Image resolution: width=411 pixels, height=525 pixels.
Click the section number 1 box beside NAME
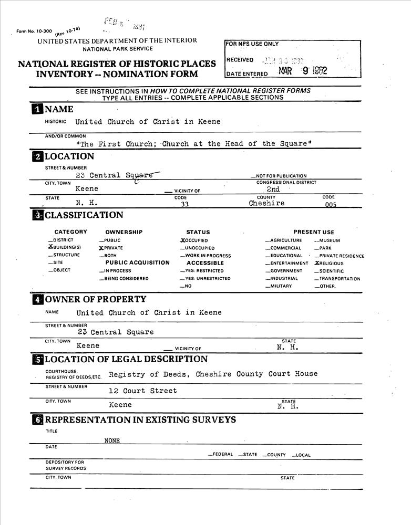[37, 109]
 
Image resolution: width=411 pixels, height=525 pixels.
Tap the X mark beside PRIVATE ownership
[101, 248]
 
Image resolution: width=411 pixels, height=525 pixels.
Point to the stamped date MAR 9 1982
[303, 71]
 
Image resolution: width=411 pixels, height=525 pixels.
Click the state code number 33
[184, 205]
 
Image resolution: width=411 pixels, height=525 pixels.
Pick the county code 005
[331, 205]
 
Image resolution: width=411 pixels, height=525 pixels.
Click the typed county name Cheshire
[266, 203]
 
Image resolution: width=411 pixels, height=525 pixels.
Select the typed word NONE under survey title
[112, 441]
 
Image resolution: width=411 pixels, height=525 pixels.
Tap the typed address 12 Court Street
[143, 391]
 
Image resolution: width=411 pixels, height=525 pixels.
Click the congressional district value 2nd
[273, 189]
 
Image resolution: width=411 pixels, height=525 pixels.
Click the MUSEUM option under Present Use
[330, 240]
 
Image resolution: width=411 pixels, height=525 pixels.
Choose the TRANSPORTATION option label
[340, 279]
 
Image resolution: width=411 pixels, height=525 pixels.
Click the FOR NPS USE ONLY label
[253, 44]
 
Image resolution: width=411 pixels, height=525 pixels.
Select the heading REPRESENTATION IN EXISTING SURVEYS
[140, 420]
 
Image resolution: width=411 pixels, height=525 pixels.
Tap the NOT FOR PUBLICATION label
[281, 176]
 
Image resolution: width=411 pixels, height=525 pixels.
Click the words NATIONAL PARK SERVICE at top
[118, 49]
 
